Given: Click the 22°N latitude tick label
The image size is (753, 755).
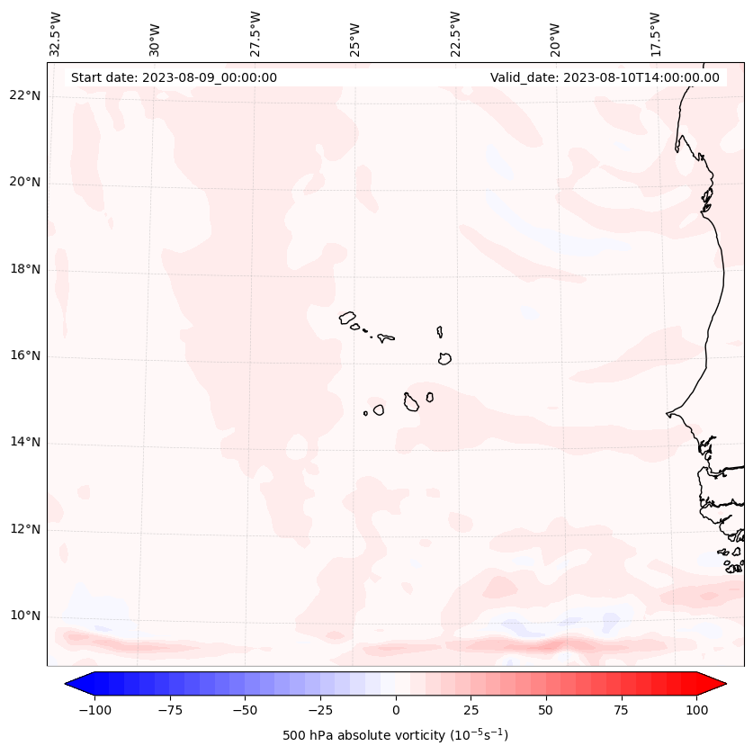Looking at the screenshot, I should click(x=25, y=95).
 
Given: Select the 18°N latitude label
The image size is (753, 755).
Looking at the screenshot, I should click(x=25, y=269).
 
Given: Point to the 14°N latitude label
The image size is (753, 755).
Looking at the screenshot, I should click(x=25, y=442).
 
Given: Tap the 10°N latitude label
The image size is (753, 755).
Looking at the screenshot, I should click(x=25, y=616).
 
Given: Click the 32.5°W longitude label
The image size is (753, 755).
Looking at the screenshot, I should click(x=56, y=33).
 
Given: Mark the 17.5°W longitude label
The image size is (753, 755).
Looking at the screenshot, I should click(x=655, y=33).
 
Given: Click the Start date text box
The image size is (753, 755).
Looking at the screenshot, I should click(x=174, y=77).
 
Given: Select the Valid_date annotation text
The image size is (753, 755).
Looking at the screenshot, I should click(x=605, y=77).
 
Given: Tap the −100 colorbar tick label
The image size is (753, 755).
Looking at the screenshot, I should click(x=94, y=709).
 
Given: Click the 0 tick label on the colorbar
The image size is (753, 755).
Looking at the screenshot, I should click(x=396, y=709).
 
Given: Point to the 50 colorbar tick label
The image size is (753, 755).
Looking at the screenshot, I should click(x=546, y=709).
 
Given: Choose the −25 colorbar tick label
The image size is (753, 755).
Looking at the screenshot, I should click(x=320, y=709).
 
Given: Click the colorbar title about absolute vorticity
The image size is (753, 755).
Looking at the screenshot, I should click(x=395, y=735).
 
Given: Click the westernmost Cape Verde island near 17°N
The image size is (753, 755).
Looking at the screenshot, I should click(x=347, y=317).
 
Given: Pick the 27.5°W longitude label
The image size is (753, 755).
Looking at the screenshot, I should click(x=255, y=33).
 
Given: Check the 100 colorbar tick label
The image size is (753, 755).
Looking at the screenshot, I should click(x=696, y=709).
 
